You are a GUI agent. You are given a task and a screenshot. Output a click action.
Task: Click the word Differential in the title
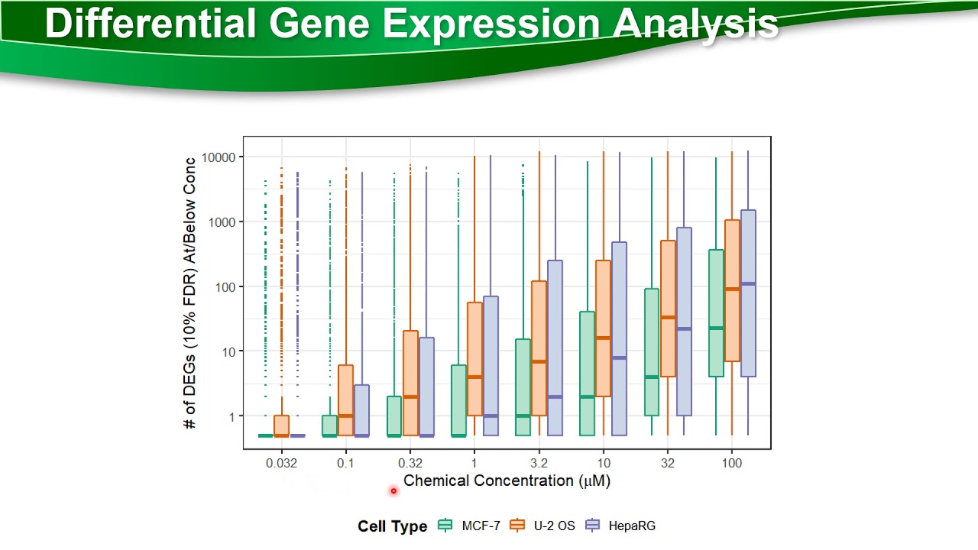click(x=151, y=24)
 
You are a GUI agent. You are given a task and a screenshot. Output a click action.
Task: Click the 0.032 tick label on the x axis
click(x=281, y=464)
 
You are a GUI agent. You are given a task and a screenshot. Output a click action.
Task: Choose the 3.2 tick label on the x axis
click(x=538, y=464)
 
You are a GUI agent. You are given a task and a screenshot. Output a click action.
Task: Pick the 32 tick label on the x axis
click(x=667, y=464)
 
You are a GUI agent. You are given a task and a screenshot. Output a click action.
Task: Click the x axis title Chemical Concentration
click(x=507, y=480)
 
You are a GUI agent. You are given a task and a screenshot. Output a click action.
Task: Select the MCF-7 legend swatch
click(x=445, y=526)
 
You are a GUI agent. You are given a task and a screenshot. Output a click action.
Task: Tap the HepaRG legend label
click(x=632, y=526)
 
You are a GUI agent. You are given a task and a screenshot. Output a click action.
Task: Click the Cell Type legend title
click(x=392, y=526)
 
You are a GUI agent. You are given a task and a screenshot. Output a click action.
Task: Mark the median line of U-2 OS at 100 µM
click(x=732, y=289)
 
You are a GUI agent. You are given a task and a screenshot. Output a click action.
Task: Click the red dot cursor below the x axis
click(x=393, y=491)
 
